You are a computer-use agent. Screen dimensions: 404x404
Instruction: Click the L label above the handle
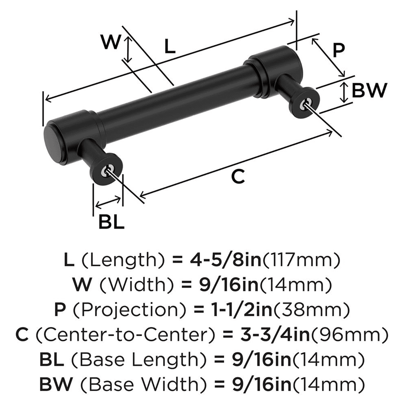pos(170,47)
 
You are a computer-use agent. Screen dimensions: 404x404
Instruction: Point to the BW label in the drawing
pos(369,90)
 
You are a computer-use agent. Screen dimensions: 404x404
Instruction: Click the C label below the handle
pos(238,177)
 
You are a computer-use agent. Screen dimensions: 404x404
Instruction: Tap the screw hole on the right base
pos(305,104)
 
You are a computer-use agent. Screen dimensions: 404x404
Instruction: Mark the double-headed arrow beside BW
pos(343,92)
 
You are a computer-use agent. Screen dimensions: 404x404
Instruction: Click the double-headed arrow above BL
pos(107,202)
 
